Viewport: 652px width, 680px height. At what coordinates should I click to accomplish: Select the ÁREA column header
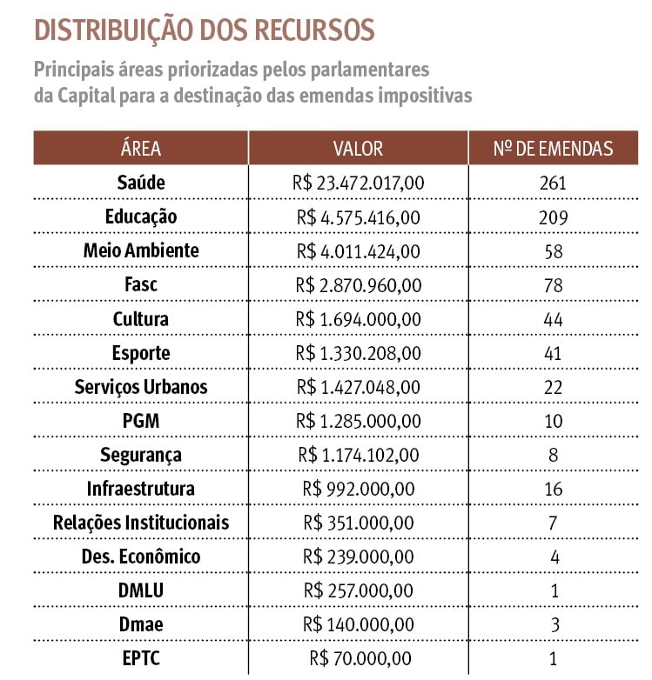pos(141,149)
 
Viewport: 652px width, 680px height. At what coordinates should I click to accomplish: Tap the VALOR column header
pos(358,149)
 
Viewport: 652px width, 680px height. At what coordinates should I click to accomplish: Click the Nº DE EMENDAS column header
pos(553,149)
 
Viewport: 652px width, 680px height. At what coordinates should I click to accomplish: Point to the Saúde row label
pos(141,183)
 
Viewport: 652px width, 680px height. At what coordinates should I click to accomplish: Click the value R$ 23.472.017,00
pos(358,183)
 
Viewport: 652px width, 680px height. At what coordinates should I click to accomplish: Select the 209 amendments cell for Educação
pos(553,217)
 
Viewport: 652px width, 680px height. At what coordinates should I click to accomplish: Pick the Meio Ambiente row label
pos(141,250)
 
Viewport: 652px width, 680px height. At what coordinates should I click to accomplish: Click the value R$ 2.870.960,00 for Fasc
pos(358,285)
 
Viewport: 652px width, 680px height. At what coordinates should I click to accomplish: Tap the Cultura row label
pos(141,318)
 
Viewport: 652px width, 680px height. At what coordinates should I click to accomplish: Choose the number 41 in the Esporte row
pos(553,353)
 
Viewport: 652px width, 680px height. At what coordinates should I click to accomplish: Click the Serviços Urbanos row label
pos(141,386)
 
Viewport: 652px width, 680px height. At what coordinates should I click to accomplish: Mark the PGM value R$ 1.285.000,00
pos(358,421)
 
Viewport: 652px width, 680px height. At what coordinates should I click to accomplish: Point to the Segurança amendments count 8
pos(553,455)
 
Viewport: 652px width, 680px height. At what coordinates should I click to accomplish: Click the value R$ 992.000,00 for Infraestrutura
pos(358,489)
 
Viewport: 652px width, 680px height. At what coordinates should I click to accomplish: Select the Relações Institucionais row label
pos(141,523)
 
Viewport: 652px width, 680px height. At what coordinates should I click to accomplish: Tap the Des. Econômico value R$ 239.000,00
pos(358,557)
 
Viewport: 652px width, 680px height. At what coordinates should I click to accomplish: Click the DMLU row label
pos(141,590)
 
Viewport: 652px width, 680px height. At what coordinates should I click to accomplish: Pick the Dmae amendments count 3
pos(553,624)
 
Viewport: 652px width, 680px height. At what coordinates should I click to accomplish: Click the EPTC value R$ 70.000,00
pos(358,658)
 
